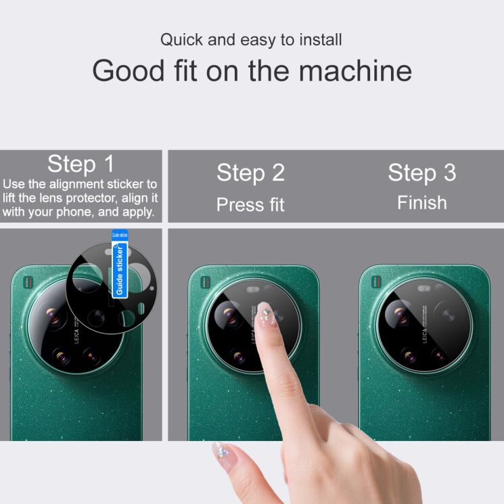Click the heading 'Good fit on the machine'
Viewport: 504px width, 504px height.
click(x=252, y=70)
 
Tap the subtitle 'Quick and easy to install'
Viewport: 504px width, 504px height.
click(x=252, y=39)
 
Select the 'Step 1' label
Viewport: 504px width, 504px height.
click(x=81, y=164)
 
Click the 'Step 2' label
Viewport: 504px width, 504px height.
click(x=250, y=173)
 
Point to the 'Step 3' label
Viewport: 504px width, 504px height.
click(x=421, y=173)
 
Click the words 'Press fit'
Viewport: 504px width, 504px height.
click(x=250, y=204)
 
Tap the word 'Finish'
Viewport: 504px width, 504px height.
click(x=421, y=202)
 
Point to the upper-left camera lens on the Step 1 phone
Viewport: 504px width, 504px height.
click(x=53, y=315)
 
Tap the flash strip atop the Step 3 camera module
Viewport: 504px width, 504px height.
click(x=426, y=289)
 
